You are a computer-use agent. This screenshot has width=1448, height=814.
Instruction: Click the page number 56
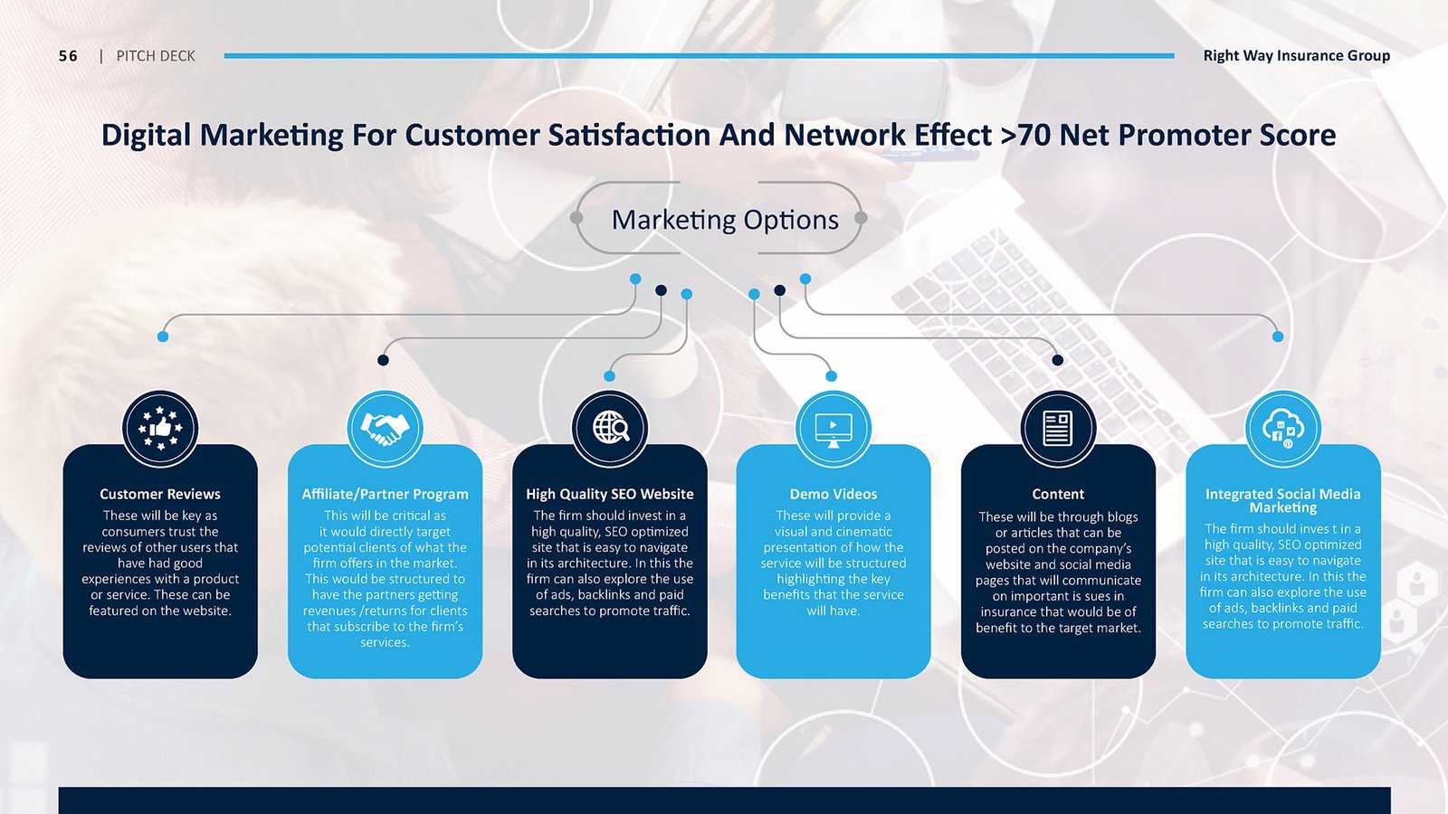(x=68, y=56)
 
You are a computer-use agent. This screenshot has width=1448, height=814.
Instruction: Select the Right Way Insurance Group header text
(x=1296, y=55)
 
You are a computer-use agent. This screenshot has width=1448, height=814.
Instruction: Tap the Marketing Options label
(x=725, y=220)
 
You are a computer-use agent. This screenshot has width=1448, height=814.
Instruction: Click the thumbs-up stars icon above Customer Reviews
(x=159, y=429)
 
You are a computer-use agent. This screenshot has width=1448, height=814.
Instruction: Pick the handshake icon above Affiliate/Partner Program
(x=385, y=429)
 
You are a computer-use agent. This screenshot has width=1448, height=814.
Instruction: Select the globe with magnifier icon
(x=610, y=428)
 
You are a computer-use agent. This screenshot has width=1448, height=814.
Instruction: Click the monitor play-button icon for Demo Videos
(x=834, y=430)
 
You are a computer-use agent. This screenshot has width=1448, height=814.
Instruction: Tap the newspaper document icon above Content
(x=1058, y=428)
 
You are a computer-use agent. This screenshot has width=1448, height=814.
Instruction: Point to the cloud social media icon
(x=1283, y=429)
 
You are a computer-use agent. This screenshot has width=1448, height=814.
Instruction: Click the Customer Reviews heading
(x=159, y=494)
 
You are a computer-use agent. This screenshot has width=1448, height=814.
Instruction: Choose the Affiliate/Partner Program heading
(x=385, y=494)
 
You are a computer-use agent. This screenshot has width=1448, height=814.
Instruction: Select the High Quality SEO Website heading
(x=610, y=494)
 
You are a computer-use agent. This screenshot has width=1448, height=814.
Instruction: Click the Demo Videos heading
(x=834, y=494)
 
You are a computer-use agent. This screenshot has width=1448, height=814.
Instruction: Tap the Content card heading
(x=1058, y=494)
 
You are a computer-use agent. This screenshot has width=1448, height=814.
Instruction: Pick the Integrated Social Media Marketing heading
(x=1283, y=501)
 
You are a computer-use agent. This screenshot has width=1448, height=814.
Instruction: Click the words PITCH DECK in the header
(x=156, y=56)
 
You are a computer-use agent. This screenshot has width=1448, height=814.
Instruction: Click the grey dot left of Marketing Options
(x=576, y=218)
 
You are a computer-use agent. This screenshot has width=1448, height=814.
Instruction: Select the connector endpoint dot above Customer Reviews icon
(x=163, y=336)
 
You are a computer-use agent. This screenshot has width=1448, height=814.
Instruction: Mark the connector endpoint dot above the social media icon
(x=1278, y=336)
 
